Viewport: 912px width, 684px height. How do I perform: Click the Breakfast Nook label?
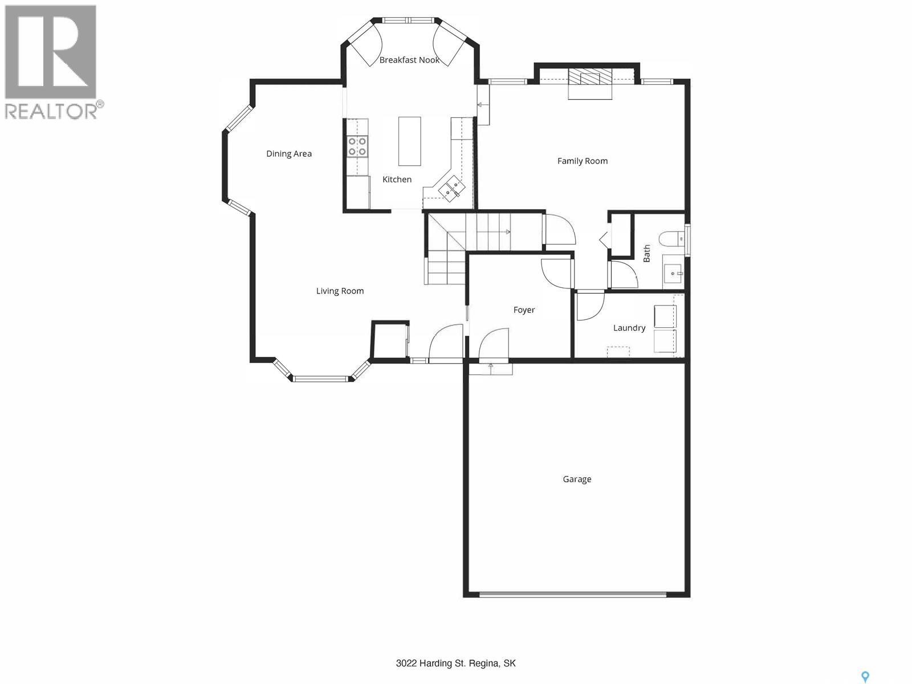[409, 60]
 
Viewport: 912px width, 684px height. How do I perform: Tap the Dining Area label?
[289, 154]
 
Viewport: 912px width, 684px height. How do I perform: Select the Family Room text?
[582, 161]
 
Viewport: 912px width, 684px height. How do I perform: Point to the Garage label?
[577, 479]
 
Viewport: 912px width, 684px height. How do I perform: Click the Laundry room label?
[629, 328]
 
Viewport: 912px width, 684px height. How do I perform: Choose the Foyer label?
[524, 310]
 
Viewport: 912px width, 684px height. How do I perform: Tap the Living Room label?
[340, 291]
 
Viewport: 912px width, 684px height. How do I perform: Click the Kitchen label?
[397, 180]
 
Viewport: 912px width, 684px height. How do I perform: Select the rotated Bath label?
[646, 253]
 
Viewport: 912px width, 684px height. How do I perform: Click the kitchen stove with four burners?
[357, 146]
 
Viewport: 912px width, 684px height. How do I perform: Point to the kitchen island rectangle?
[409, 141]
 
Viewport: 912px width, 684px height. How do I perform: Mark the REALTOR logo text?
[54, 111]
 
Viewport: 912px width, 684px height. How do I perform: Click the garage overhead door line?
[573, 595]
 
